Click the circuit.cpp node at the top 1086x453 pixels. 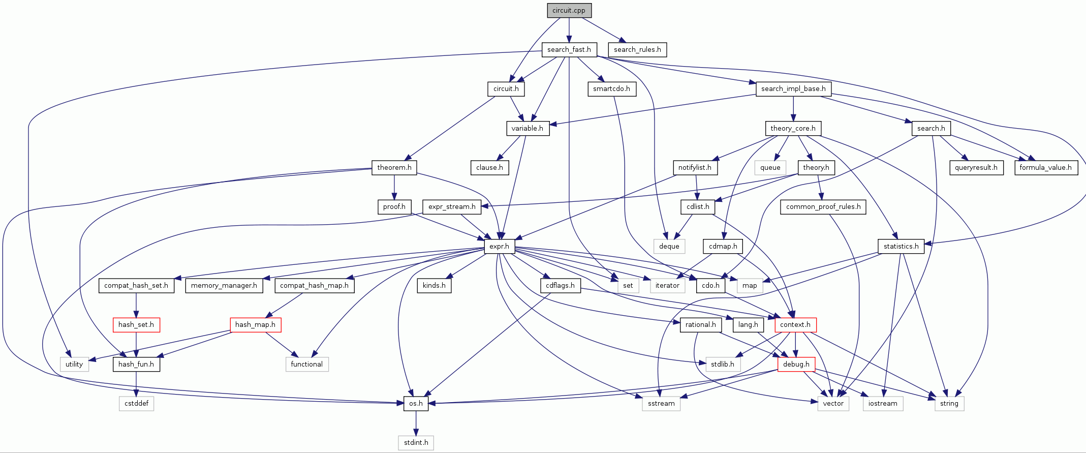point(569,10)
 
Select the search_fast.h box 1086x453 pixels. point(569,49)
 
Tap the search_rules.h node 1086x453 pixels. point(637,49)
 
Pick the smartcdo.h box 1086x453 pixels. point(611,88)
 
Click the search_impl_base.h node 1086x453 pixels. point(793,88)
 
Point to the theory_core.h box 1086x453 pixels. point(793,128)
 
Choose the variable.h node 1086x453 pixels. point(528,128)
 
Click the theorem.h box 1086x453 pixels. point(394,167)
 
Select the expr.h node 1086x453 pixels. point(499,246)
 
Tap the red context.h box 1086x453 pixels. point(795,324)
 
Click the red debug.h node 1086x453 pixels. point(796,364)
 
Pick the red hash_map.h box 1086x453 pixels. point(255,324)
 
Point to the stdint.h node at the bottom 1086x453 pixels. point(416,442)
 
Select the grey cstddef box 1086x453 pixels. point(136,403)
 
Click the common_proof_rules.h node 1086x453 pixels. point(823,206)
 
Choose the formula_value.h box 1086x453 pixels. point(1045,167)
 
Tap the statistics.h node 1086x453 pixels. point(901,246)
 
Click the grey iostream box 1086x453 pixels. point(883,403)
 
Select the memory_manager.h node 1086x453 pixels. point(224,285)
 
